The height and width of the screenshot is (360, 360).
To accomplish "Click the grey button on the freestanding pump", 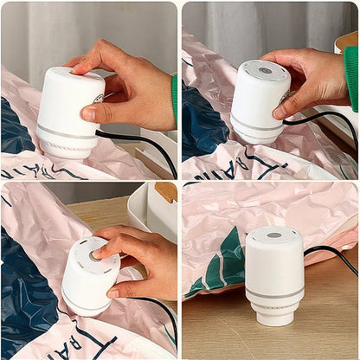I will click(x=273, y=235).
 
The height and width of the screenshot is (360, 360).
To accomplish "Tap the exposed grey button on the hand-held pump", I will click(x=264, y=70).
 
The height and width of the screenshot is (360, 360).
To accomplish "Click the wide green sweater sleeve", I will click(x=350, y=78).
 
